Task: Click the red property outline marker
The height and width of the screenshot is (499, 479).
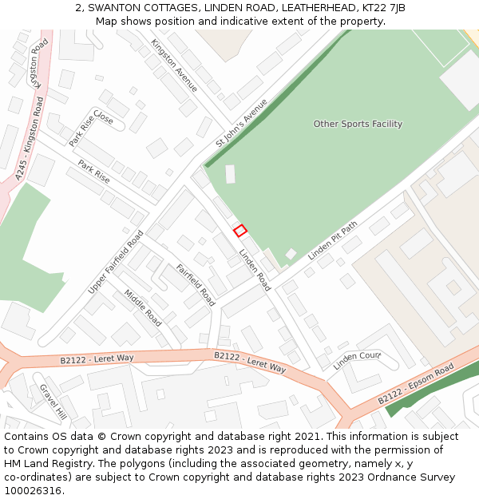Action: [239, 231]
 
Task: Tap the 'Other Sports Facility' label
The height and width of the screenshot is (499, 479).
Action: [358, 124]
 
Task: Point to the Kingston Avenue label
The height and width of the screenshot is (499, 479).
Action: [174, 65]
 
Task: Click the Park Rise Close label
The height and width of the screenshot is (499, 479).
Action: [91, 129]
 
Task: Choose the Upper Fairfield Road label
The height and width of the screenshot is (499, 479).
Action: [116, 262]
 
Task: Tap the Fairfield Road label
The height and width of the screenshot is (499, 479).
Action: [196, 285]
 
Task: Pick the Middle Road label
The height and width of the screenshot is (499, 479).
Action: [143, 307]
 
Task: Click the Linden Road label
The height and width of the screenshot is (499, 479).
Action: [255, 270]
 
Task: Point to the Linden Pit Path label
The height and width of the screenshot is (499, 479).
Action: [334, 240]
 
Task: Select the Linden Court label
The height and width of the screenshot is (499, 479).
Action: [357, 361]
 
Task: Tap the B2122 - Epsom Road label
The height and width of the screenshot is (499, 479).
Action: [415, 383]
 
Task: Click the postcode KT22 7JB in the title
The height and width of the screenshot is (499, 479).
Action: [383, 8]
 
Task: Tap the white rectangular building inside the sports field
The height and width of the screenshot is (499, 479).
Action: [231, 174]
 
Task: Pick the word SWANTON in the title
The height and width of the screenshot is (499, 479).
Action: [115, 8]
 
